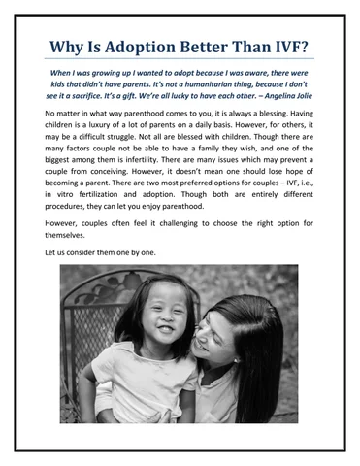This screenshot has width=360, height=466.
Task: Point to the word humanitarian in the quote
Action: pyautogui.click(x=178, y=85)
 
